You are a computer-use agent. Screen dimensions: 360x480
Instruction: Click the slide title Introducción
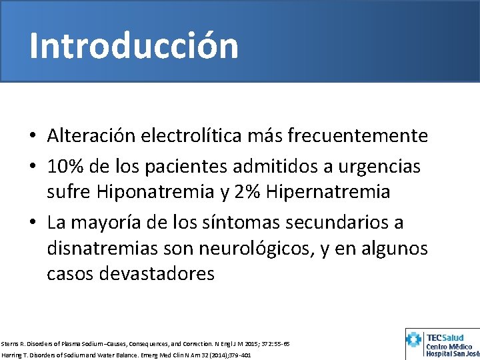133,46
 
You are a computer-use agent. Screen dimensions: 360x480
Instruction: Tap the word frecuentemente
358,136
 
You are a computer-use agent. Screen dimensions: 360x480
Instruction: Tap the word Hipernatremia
327,192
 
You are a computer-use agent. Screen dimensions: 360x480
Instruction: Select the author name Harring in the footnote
11,355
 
